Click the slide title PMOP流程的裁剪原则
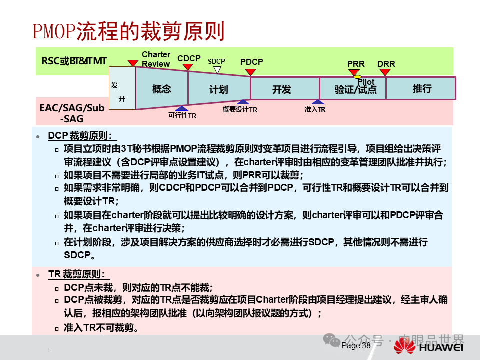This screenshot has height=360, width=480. point(128,31)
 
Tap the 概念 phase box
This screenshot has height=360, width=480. point(161,89)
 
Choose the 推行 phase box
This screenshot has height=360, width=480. point(422,89)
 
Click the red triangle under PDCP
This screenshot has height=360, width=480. point(251,72)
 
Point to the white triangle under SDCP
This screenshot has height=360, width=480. point(217,70)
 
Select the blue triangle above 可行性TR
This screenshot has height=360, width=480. point(182,108)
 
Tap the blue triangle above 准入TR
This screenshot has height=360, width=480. point(314,102)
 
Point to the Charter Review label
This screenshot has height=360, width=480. point(156,59)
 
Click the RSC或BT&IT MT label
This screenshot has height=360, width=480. point(74,61)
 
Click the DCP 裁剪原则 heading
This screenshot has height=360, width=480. point(82,136)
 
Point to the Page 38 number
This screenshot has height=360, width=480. point(356,345)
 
